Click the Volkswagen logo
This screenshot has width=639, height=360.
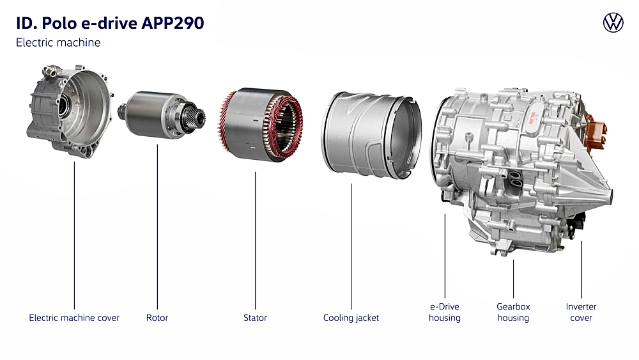pos(613,22)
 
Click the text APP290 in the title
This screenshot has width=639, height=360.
pos(173,23)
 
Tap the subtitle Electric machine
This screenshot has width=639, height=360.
pos(58,42)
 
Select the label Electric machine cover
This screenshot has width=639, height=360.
pos(74,318)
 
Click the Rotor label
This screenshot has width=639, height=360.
pos(157,318)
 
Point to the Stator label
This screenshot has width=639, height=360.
pos(255,318)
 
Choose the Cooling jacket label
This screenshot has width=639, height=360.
pos(351,318)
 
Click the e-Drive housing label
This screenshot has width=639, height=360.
pos(445,312)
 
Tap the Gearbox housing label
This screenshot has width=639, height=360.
pos(513,312)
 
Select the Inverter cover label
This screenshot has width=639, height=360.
pos(581,312)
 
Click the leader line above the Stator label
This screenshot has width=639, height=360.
pos(255,240)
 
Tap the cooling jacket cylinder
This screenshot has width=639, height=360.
pos(371,134)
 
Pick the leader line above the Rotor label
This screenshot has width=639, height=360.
pos(157,227)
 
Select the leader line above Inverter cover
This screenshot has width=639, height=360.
pos(581,269)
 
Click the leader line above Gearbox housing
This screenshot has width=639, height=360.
pos(513,279)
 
